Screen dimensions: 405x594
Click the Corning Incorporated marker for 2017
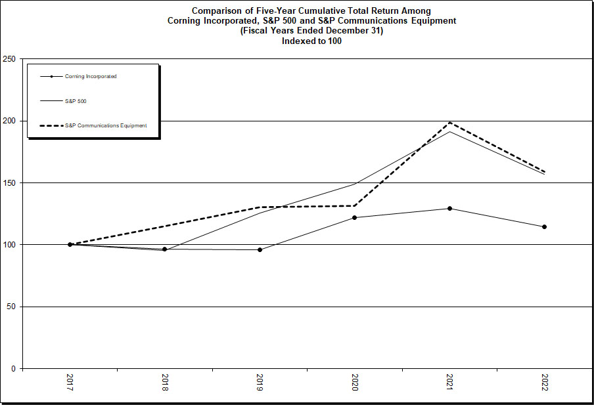pos(70,244)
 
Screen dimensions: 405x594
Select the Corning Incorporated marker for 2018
pos(164,249)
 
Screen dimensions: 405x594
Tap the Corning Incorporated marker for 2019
pos(260,249)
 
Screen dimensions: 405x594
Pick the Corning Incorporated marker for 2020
pos(354,217)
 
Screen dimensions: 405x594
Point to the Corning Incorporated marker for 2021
pos(449,208)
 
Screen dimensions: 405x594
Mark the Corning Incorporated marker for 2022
pos(544,227)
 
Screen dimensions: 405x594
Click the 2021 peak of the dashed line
pos(449,123)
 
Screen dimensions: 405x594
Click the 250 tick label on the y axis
pos(9,59)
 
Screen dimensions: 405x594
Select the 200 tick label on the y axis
pos(9,121)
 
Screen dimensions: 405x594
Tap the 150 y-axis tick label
pos(9,183)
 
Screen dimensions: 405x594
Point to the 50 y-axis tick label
pos(11,307)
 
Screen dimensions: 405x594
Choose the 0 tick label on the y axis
pos(13,369)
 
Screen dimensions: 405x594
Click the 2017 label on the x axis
pos(70,383)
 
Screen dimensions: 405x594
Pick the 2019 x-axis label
pos(260,383)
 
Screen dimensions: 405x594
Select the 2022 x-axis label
pos(544,383)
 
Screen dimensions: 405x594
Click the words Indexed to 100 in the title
pos(311,41)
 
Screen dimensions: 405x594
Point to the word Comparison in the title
pos(217,11)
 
